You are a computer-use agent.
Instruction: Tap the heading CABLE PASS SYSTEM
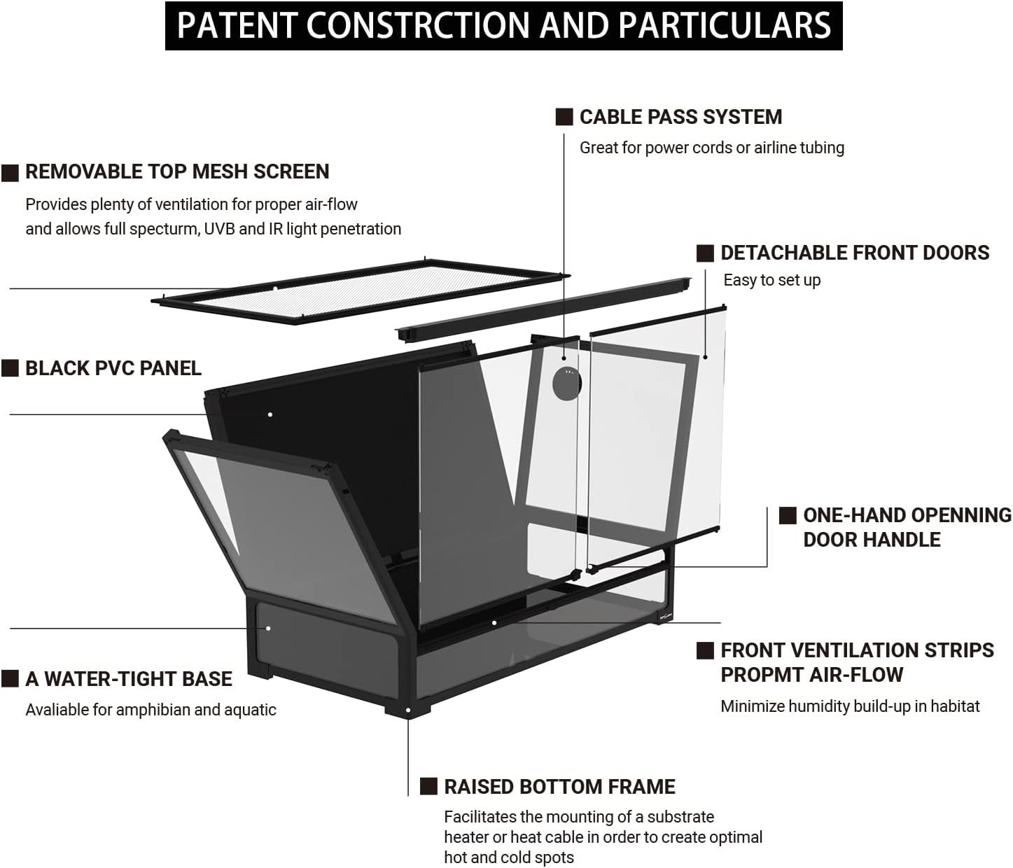(x=680, y=117)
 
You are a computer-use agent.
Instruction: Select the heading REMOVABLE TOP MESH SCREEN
(x=177, y=171)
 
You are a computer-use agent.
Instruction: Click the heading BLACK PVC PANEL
(x=113, y=368)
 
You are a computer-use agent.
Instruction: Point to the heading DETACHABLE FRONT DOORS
(x=855, y=253)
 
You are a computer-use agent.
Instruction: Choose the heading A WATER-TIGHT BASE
(x=129, y=679)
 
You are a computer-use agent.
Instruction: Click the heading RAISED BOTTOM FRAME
(x=559, y=787)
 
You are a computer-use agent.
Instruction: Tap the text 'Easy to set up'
(x=771, y=280)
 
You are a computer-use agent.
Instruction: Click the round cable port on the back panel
(x=567, y=382)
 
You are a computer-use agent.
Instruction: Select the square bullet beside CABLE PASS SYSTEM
(x=564, y=117)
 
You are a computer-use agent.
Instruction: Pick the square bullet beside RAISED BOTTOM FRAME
(x=428, y=786)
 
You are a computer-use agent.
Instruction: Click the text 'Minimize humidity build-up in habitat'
(x=850, y=706)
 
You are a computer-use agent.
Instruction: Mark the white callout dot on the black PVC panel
(x=270, y=414)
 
